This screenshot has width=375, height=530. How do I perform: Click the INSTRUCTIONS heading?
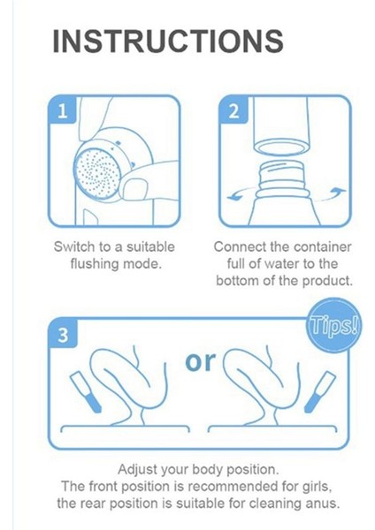point(168,41)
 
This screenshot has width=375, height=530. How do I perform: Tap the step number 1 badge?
point(62,110)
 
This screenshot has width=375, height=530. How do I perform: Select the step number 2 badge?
point(233,110)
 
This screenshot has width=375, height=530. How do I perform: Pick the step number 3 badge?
point(63,334)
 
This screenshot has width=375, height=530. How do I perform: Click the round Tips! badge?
point(333,325)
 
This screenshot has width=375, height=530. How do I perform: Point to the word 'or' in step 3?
point(201,361)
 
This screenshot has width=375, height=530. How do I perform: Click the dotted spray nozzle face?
point(97,172)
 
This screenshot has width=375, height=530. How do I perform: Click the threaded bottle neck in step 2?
point(283,179)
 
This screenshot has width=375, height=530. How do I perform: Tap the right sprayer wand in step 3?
point(320,391)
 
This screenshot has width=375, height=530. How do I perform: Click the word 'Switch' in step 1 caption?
point(74,246)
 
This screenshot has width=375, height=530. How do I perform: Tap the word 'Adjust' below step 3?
point(137,470)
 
